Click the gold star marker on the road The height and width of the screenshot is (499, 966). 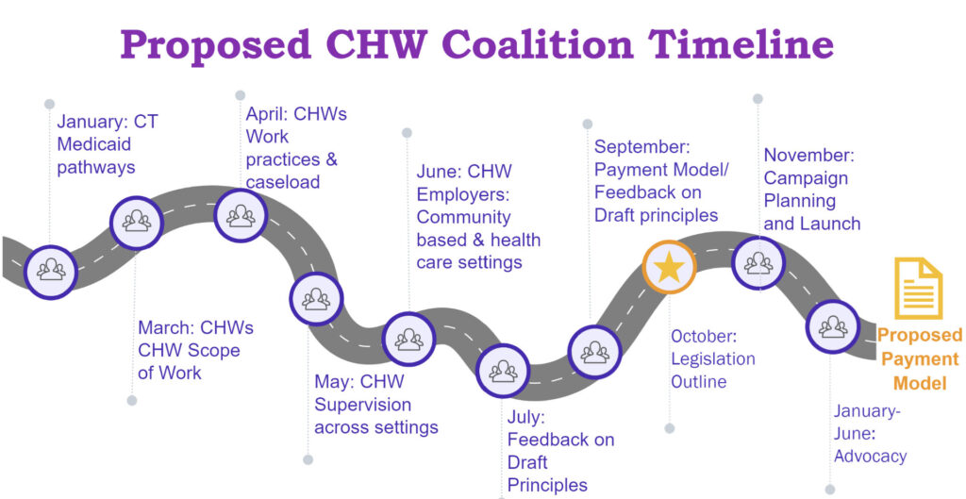tap(669, 267)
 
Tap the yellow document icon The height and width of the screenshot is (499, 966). tap(918, 289)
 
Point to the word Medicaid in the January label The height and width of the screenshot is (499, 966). tap(94, 144)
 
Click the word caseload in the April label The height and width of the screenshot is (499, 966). tap(283, 182)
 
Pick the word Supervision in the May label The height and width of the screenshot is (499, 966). tap(363, 405)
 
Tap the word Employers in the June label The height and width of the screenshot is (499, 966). tap(462, 194)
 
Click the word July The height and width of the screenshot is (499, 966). tap(526, 417)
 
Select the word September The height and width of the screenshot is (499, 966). tap(642, 147)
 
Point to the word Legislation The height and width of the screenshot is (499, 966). tap(713, 359)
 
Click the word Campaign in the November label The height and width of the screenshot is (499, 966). tap(806, 178)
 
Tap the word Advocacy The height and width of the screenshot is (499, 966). tap(871, 457)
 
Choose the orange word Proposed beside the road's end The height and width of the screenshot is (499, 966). tap(919, 335)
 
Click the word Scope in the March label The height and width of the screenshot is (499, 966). tap(215, 351)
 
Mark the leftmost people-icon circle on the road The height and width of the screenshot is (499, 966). tap(51, 271)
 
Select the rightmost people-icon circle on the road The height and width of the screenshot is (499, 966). tap(833, 326)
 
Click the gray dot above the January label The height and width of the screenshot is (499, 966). tap(50, 104)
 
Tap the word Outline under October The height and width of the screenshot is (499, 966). tap(699, 382)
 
